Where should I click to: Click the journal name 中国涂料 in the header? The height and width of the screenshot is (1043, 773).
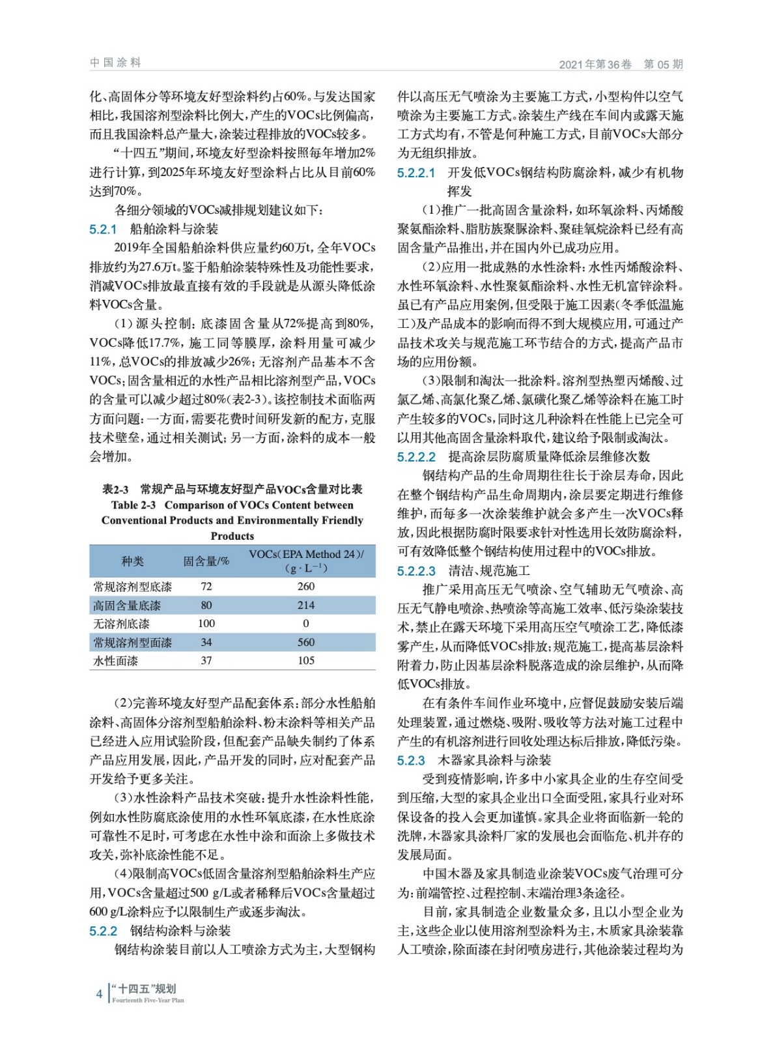click(x=115, y=63)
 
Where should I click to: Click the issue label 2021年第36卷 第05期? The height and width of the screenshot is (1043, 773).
click(x=621, y=64)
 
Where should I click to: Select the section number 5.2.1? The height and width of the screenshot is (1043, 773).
click(x=103, y=229)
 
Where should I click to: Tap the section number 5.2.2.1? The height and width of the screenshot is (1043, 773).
click(x=416, y=173)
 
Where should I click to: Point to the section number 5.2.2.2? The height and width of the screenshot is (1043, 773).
click(x=417, y=456)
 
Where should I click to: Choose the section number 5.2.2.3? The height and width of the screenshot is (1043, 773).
click(x=417, y=571)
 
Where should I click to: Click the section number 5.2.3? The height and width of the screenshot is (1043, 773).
click(x=411, y=760)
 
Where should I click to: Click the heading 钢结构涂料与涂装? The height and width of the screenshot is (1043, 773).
click(x=180, y=931)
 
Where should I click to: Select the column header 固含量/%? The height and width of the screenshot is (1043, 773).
click(x=206, y=561)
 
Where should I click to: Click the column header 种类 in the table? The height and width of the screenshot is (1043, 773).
click(x=132, y=561)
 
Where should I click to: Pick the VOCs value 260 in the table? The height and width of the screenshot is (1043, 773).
click(x=306, y=586)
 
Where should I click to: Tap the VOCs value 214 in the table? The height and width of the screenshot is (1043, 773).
click(x=306, y=605)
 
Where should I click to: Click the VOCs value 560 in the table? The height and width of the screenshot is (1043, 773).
click(x=306, y=642)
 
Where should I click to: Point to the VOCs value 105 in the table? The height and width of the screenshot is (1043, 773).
click(x=306, y=660)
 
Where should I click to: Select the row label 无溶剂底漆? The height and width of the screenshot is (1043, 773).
click(x=122, y=624)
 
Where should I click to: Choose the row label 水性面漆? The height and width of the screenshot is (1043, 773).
click(x=116, y=660)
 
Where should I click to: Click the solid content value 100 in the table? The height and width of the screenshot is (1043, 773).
click(x=206, y=624)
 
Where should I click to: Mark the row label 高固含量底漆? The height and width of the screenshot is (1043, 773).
click(x=127, y=605)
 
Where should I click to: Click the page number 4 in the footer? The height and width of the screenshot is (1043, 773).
click(x=99, y=994)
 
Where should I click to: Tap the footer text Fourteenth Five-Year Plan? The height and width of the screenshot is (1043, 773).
click(x=148, y=1000)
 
